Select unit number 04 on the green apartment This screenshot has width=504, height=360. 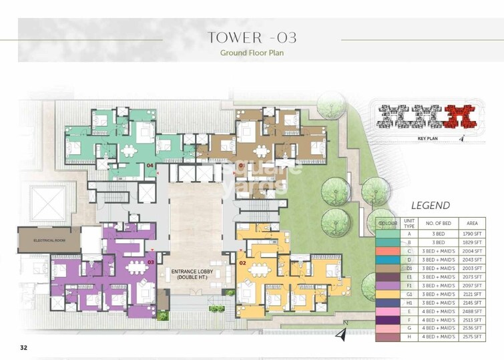150,164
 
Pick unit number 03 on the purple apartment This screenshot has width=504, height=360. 151,262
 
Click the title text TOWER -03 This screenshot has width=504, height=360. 252,37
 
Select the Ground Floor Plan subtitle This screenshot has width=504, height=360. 252,53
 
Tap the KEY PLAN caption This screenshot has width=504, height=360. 427,138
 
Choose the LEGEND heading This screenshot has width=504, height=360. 430,206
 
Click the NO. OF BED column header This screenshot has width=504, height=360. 436,222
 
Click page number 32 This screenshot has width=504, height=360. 24,347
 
